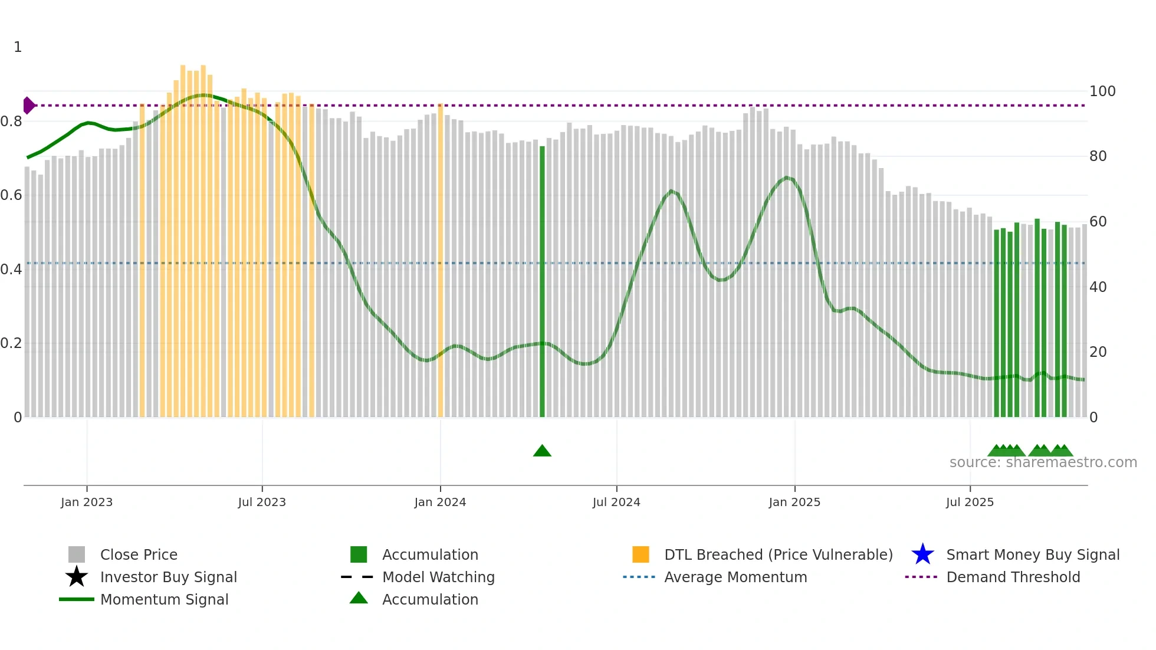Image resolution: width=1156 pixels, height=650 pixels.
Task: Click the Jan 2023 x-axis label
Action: (x=87, y=502)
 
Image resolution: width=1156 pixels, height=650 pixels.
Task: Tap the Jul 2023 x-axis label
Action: (x=262, y=502)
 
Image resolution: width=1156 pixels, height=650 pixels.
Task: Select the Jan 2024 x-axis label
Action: (x=440, y=502)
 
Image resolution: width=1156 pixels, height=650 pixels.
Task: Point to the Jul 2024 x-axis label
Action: (x=616, y=502)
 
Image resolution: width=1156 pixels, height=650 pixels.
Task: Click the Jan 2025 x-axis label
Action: (x=794, y=502)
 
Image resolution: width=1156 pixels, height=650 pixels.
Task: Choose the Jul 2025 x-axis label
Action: (x=970, y=502)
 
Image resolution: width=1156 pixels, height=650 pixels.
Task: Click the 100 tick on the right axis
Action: (x=1102, y=91)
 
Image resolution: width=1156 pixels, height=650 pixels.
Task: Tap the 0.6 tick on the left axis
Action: (x=11, y=195)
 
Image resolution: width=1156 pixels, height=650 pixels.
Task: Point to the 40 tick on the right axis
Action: (x=1098, y=287)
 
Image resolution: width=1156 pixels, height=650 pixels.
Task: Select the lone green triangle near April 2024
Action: (x=542, y=451)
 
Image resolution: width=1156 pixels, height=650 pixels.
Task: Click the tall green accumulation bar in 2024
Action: (x=542, y=283)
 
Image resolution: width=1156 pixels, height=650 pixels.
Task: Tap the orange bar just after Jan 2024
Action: (x=441, y=260)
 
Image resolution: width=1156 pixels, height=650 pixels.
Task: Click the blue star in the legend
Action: (x=922, y=554)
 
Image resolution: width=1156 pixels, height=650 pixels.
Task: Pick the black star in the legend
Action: (x=77, y=577)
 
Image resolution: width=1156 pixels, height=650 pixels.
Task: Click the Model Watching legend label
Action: (x=438, y=577)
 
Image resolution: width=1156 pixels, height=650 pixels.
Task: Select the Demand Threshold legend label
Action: (x=1013, y=577)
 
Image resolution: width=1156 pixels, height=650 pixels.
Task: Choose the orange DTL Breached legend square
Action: (x=641, y=554)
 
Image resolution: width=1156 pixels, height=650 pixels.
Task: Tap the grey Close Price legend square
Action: (x=77, y=554)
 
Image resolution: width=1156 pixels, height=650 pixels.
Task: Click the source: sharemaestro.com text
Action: (x=1043, y=462)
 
